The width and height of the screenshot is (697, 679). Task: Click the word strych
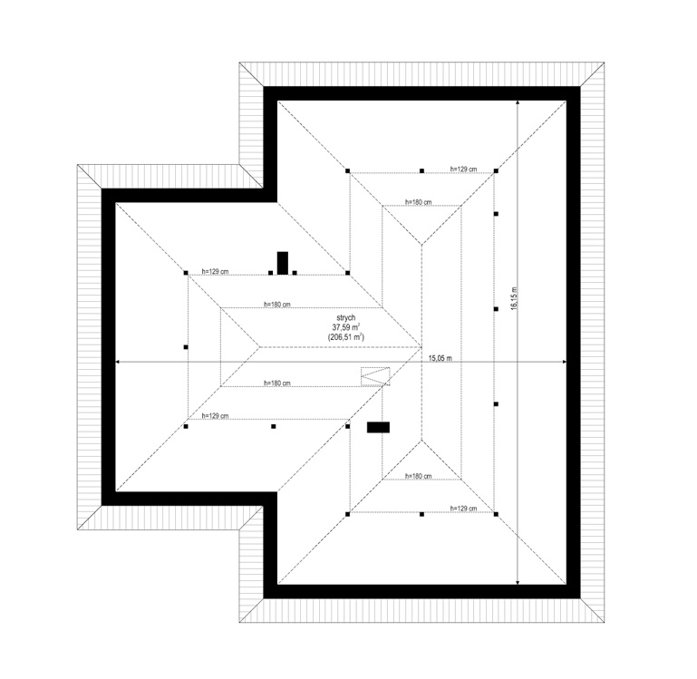[x=346, y=317]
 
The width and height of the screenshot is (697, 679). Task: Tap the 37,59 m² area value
[x=346, y=327]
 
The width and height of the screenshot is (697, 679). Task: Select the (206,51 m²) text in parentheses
[x=346, y=336]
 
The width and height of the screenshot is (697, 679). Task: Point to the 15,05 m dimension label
[x=440, y=358]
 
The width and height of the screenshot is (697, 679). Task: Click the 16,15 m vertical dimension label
[x=514, y=298]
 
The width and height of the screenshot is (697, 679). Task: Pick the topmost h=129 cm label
[x=463, y=169]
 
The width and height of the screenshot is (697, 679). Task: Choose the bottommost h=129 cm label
[x=463, y=509]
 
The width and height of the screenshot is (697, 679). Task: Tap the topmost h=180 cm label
[x=418, y=202]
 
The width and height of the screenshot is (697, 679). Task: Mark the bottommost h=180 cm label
[x=418, y=476]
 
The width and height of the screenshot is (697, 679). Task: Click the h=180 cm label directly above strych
[x=277, y=305]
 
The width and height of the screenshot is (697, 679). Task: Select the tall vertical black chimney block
[x=282, y=263]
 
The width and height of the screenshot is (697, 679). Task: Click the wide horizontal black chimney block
[x=378, y=427]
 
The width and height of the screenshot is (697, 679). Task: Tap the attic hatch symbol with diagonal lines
[x=375, y=376]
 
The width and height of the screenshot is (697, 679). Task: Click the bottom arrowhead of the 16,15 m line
[x=518, y=582]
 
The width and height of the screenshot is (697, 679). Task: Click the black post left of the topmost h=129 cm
[x=421, y=170]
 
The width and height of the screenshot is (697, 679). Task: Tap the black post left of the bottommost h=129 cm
[x=421, y=514]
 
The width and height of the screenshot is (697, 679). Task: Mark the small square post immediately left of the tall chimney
[x=271, y=273]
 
